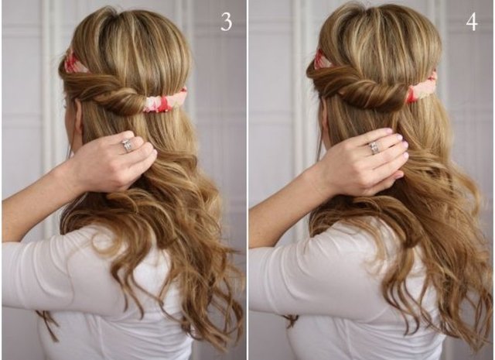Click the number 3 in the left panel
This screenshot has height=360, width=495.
click(x=226, y=22)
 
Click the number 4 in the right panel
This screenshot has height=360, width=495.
click(x=472, y=22)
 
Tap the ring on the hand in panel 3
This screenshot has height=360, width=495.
click(x=127, y=146)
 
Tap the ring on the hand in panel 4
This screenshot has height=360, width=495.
click(x=374, y=148)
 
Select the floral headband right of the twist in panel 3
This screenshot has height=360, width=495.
click(x=163, y=101)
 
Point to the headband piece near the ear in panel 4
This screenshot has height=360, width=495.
click(x=323, y=60)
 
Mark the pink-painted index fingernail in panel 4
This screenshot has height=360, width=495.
click(x=387, y=131)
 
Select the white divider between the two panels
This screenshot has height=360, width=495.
click(x=247, y=180)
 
